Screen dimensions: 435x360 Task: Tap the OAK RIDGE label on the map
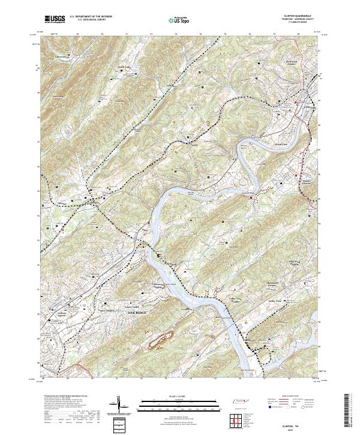(x=134, y=313)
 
